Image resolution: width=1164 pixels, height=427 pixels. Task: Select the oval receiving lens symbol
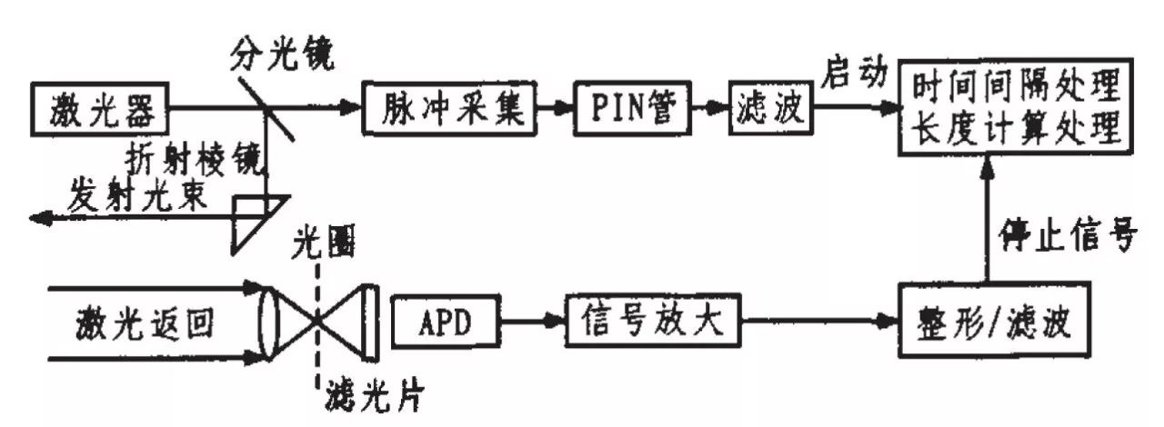pyautogui.click(x=269, y=323)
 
